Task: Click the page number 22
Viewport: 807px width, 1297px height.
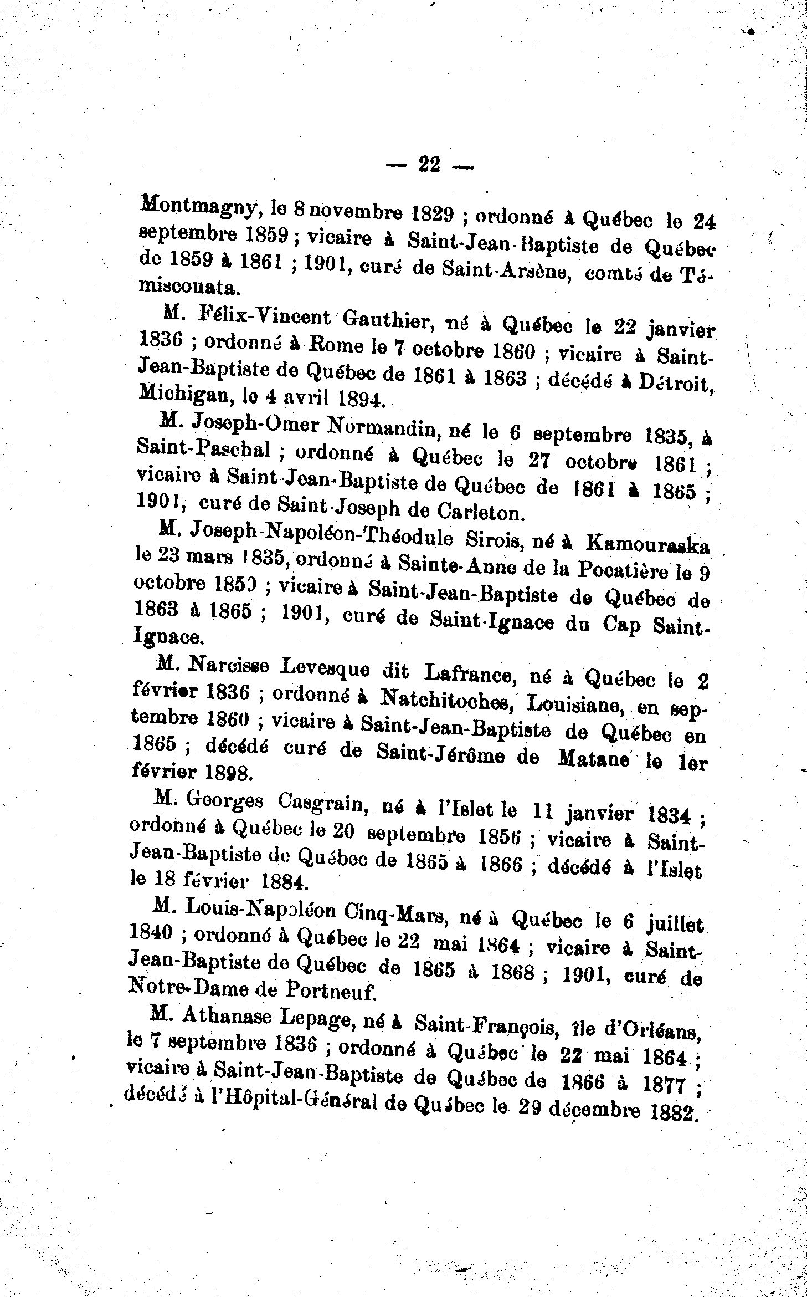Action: [430, 165]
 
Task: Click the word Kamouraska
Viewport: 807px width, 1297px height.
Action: [647, 545]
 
